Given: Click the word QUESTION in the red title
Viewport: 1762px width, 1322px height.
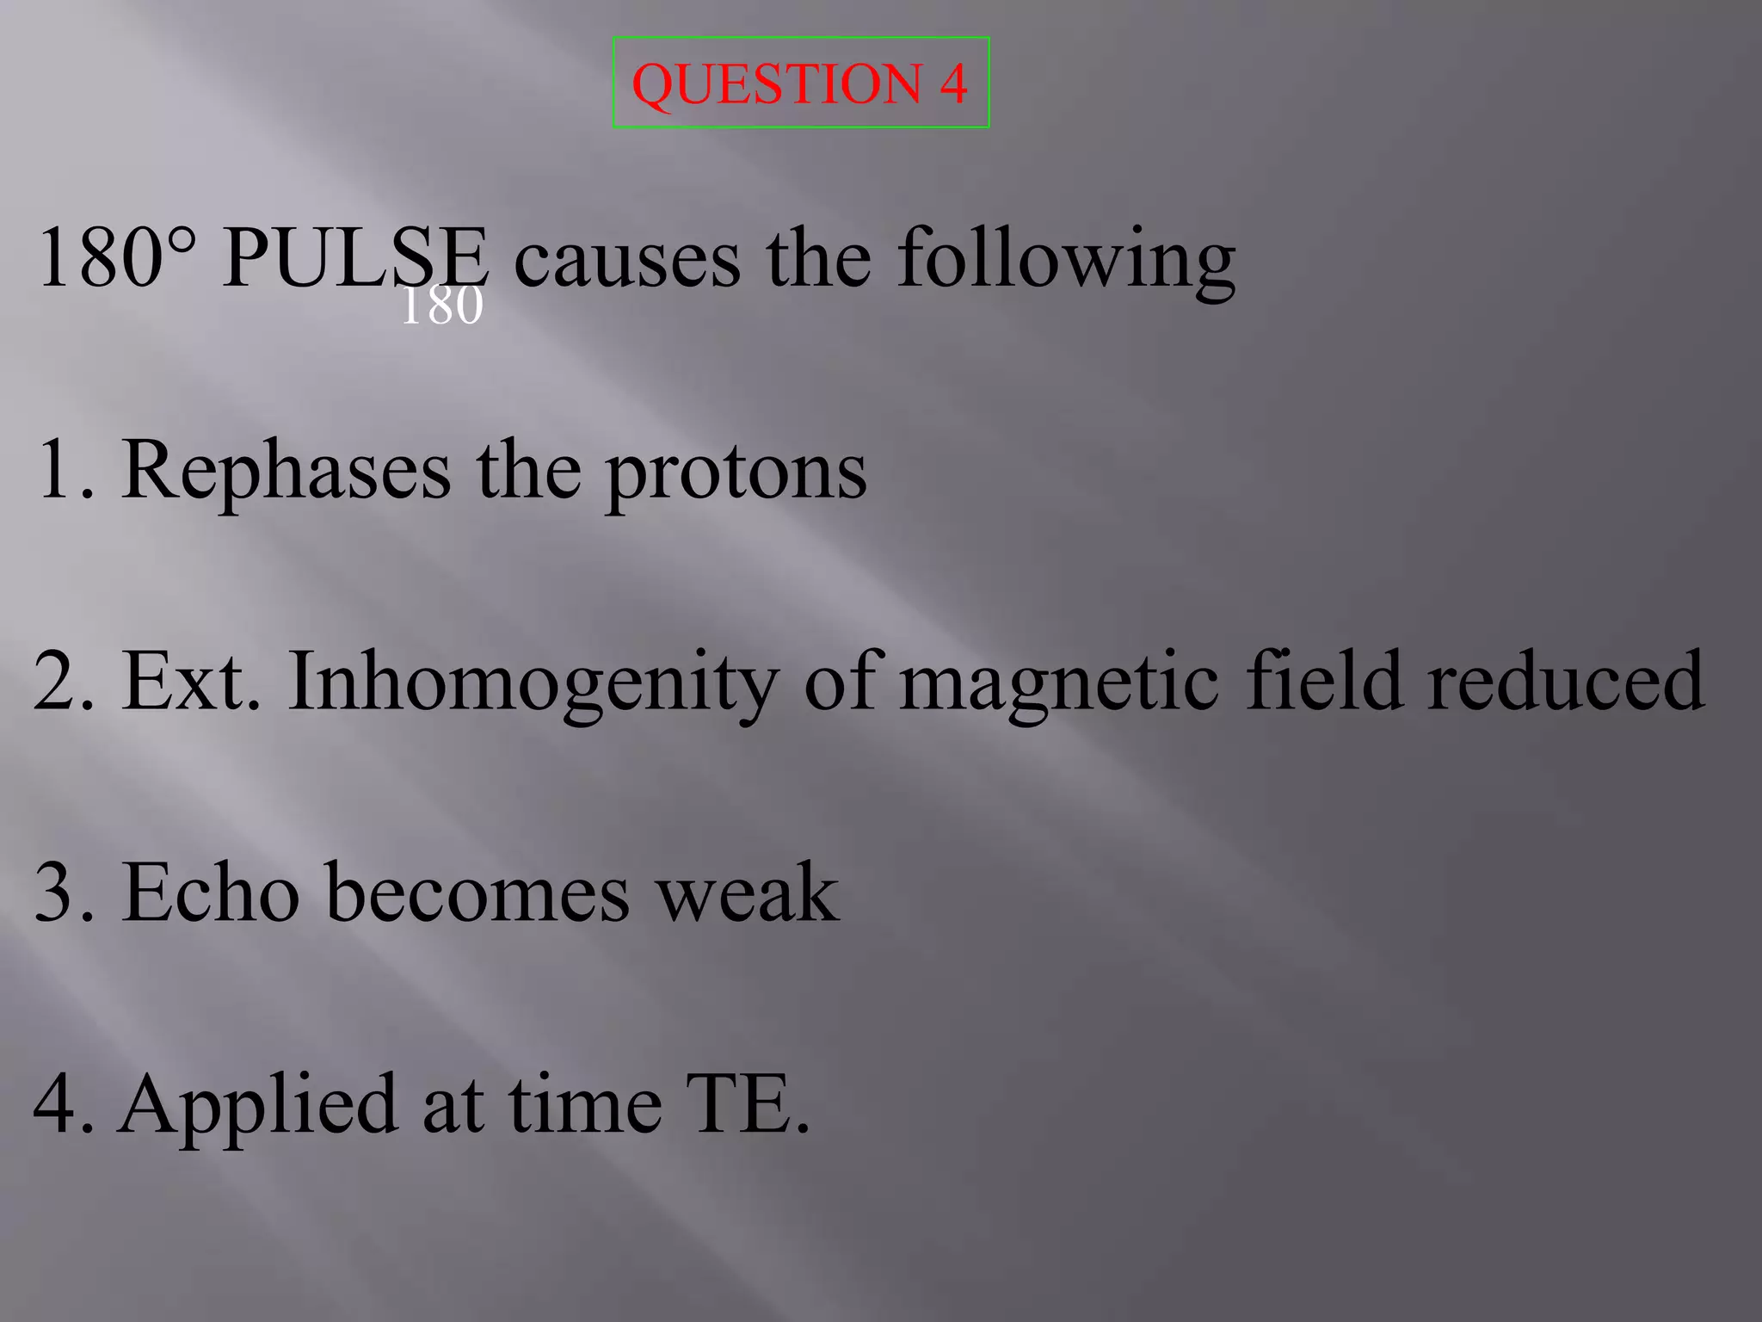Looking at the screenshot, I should click(x=777, y=84).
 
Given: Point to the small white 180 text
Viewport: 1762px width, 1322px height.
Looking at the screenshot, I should click(x=441, y=306).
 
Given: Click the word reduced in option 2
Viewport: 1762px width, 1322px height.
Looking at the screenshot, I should click(x=1566, y=682).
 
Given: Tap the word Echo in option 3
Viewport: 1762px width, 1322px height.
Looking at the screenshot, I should click(x=210, y=893).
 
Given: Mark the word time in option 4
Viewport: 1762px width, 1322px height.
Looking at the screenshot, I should click(x=585, y=1105).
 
